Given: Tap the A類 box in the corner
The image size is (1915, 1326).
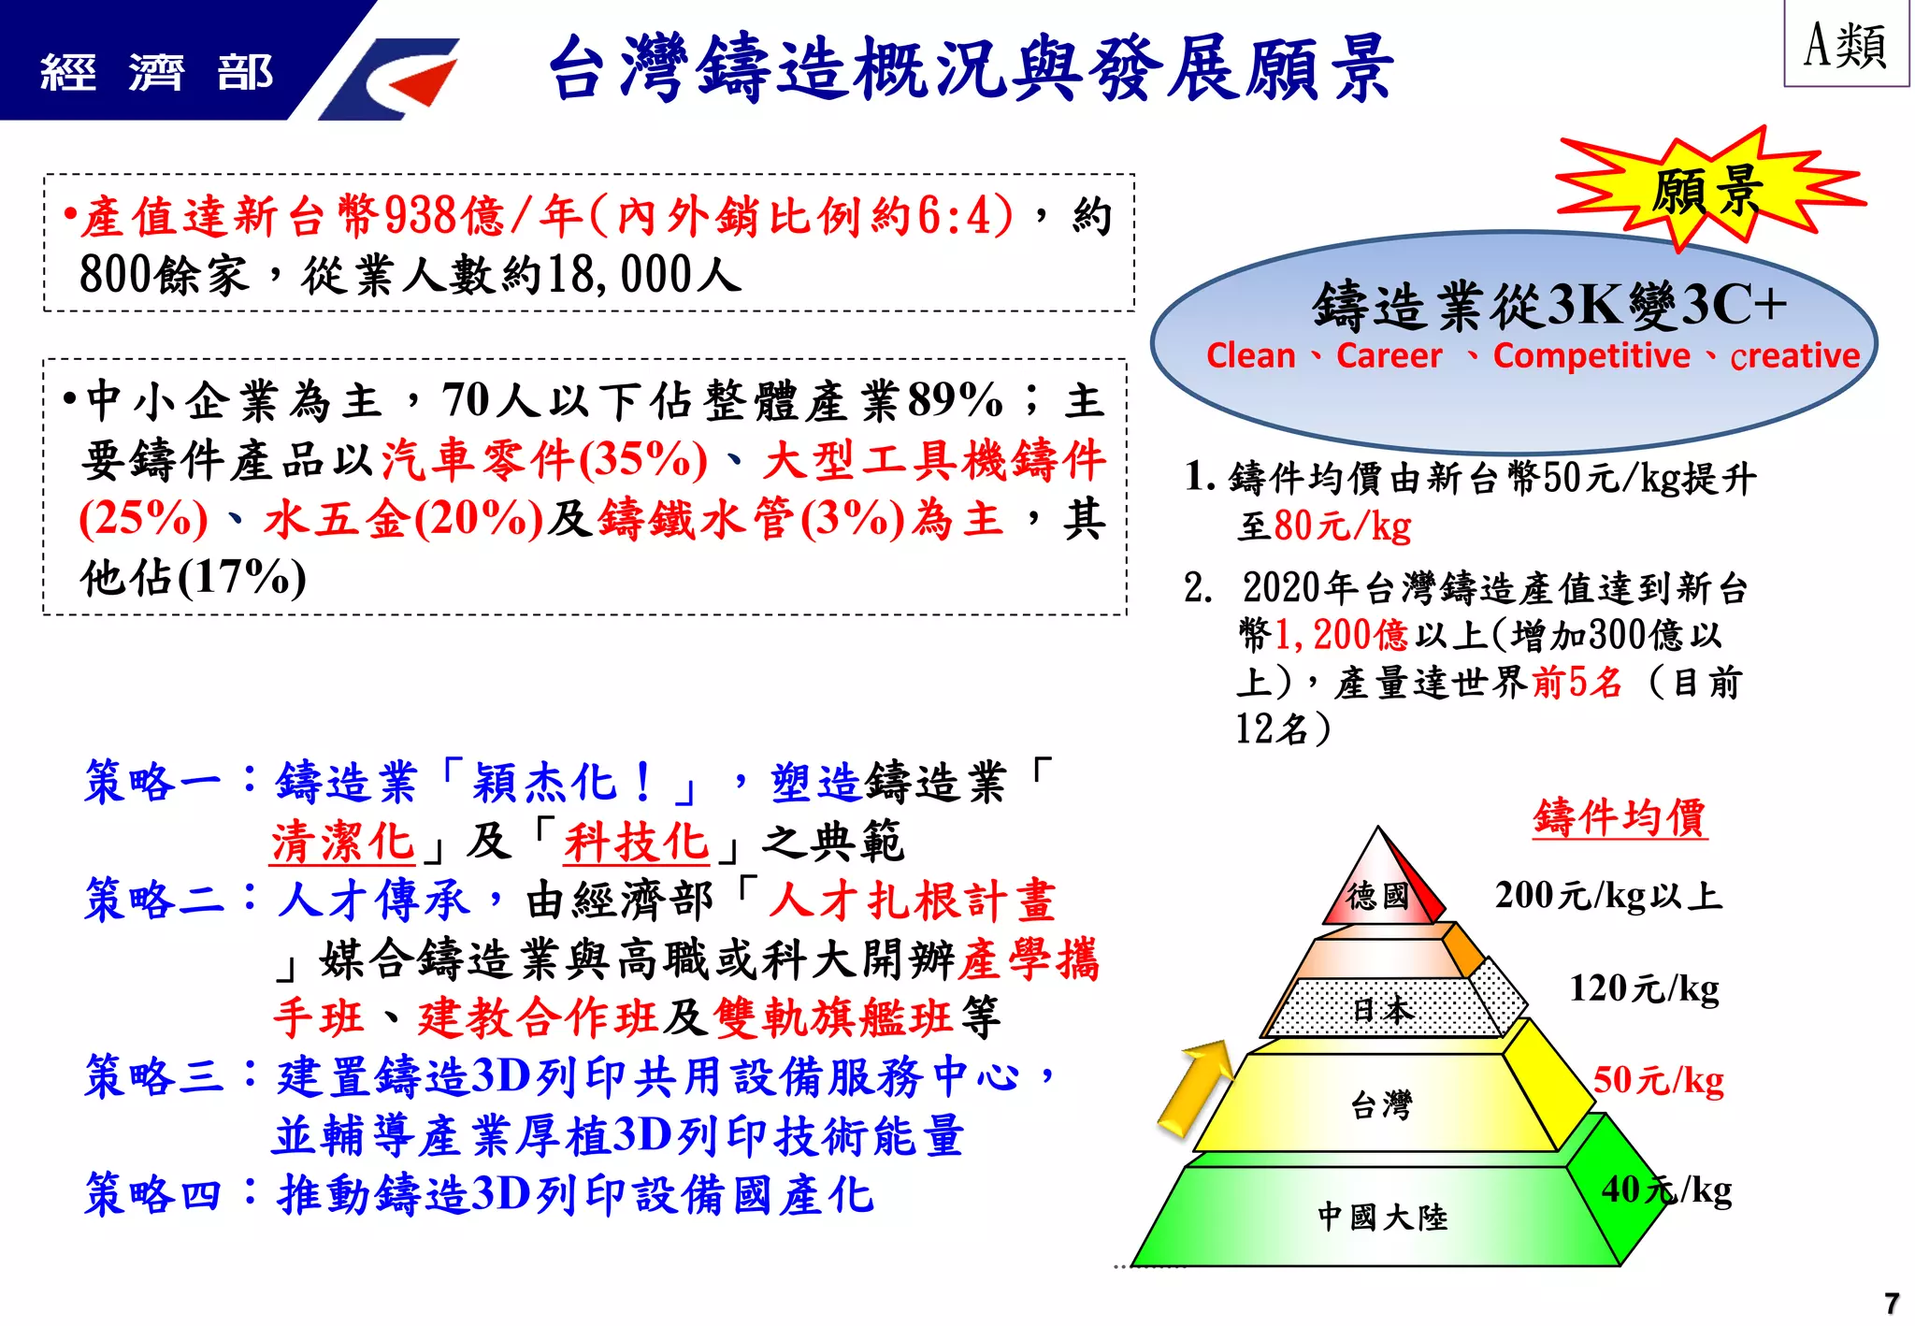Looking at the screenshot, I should (x=1845, y=45).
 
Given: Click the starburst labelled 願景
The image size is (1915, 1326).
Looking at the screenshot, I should (x=1706, y=190).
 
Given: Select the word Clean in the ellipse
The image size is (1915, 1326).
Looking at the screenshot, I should (x=1250, y=356).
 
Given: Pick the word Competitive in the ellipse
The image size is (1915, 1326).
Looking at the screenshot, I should (x=1591, y=356).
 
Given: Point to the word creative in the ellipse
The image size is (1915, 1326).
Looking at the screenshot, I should (x=1794, y=356).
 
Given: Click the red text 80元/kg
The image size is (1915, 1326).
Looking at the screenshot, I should (x=1342, y=526).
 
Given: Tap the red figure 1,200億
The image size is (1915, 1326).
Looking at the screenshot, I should (x=1341, y=635).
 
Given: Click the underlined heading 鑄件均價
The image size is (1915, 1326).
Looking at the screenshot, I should (x=1620, y=817).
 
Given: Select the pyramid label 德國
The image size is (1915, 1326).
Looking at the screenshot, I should (x=1377, y=895).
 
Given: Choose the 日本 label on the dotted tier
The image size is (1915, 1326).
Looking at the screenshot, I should (x=1383, y=1009).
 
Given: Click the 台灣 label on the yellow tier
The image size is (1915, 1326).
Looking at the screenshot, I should (x=1381, y=1105).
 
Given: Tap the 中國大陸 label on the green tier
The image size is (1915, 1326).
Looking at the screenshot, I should (x=1382, y=1217).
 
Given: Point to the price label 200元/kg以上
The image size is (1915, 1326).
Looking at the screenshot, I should (x=1607, y=896).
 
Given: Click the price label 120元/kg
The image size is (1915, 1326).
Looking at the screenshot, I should (x=1644, y=988).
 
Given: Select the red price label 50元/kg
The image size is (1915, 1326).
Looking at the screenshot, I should (x=1658, y=1080).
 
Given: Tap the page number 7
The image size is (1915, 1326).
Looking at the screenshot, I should (x=1892, y=1303).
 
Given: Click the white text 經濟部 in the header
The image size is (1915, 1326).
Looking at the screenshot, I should (x=157, y=73).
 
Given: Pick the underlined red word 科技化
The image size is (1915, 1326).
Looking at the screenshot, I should (x=636, y=842).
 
